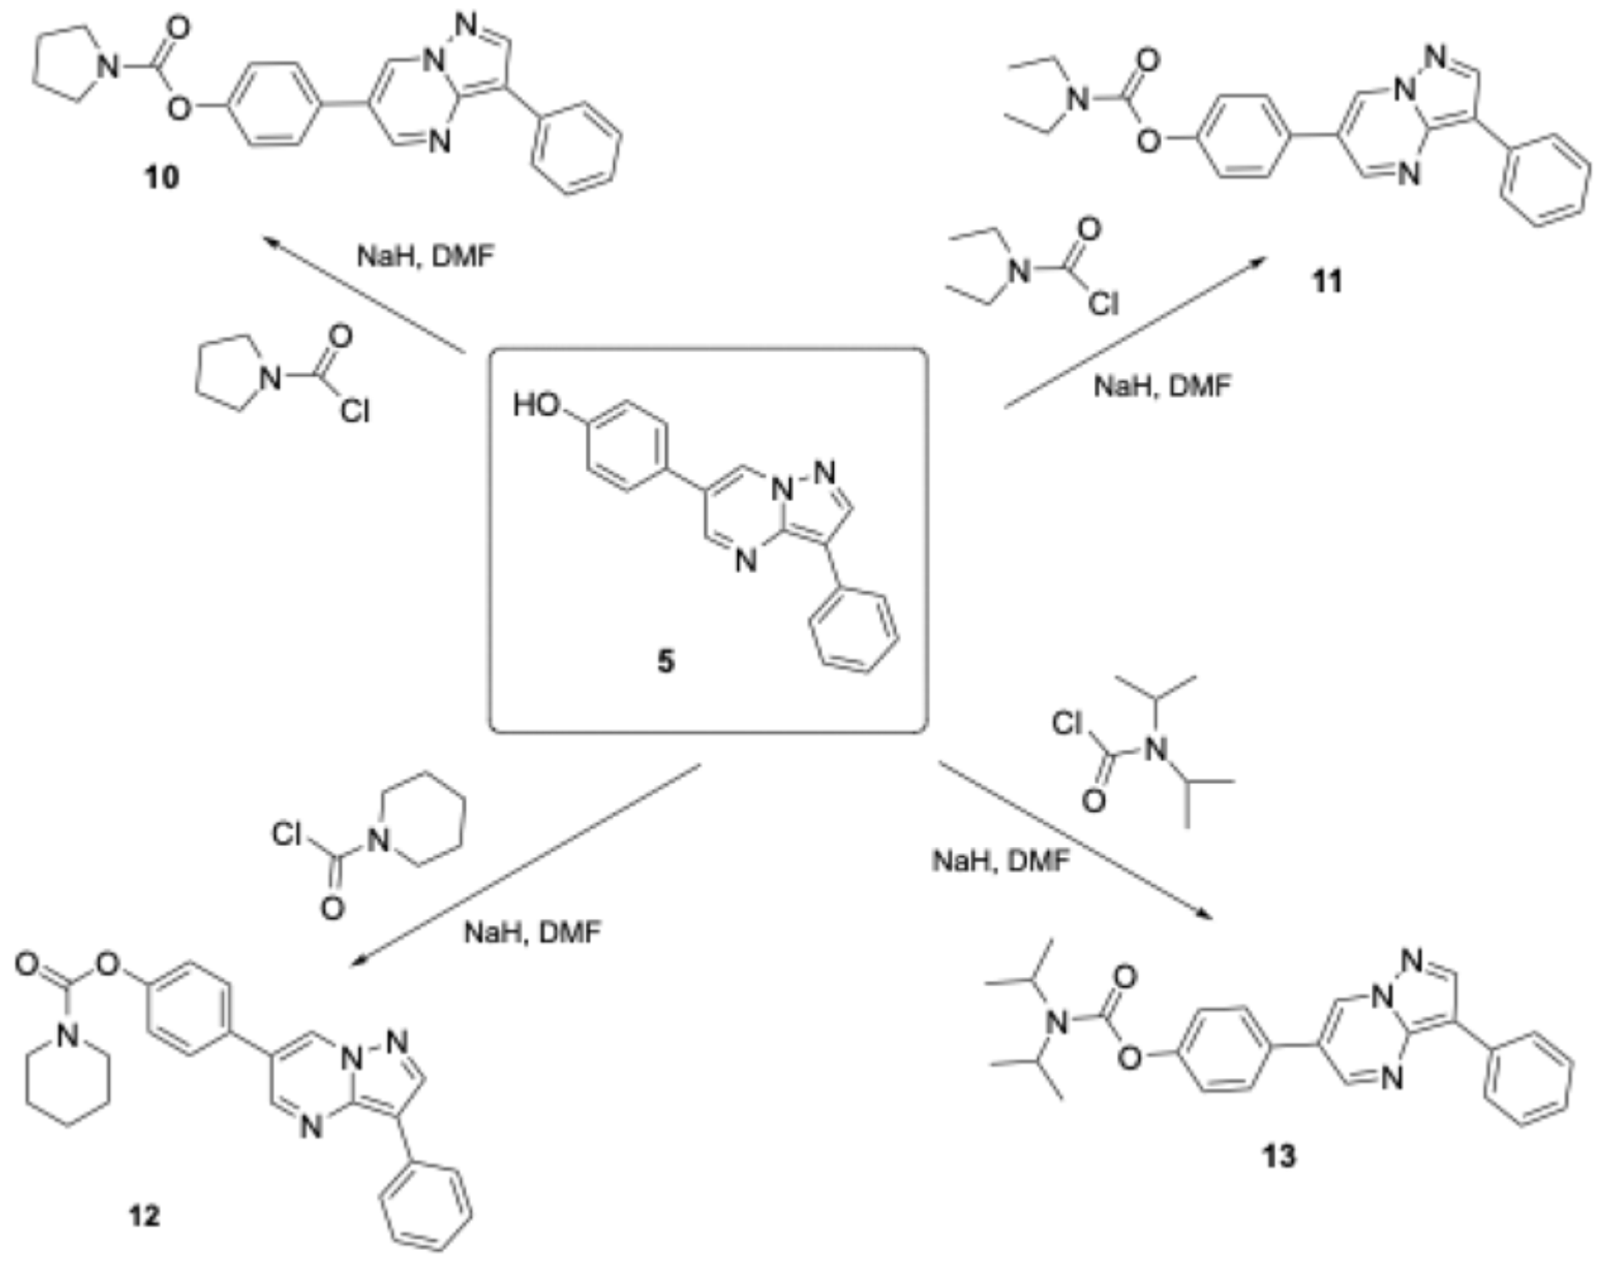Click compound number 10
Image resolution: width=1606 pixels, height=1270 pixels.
(x=162, y=178)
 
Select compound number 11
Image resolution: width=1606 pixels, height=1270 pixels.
(x=1328, y=282)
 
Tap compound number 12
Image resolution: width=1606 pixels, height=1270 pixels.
(x=144, y=1217)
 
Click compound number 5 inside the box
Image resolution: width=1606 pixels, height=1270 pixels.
(x=666, y=661)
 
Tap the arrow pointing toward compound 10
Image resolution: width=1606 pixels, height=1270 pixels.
(x=364, y=294)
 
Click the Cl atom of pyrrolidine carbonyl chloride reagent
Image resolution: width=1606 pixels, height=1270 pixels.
(x=355, y=411)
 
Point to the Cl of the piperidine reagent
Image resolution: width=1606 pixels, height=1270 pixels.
(x=286, y=835)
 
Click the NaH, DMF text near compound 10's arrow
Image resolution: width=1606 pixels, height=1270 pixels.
(x=425, y=256)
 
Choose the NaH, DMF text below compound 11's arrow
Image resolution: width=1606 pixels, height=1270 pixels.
(x=1162, y=386)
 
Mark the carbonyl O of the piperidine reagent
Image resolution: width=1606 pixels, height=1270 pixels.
(x=332, y=908)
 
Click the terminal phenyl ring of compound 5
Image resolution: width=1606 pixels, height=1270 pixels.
(x=853, y=632)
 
